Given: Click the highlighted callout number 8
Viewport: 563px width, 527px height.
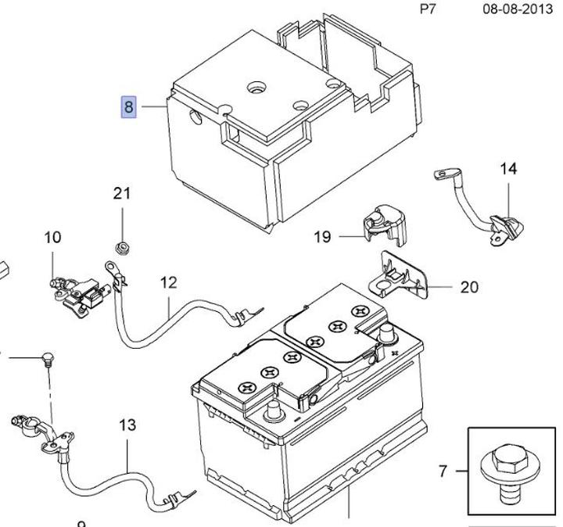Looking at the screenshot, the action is point(128,107).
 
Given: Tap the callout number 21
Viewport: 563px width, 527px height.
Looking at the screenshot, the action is point(122,193).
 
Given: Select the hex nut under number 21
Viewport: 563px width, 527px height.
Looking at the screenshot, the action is point(122,248).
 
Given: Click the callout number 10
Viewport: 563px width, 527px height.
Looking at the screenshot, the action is point(52,237).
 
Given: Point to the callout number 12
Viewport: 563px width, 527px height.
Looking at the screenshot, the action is point(168,283).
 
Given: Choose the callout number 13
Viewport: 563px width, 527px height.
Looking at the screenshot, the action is point(127,425).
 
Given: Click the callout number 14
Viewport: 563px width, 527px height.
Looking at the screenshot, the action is point(508,168).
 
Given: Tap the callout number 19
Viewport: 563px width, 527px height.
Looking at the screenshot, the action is point(322,237).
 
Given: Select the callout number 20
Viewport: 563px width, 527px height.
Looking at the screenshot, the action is point(469,287).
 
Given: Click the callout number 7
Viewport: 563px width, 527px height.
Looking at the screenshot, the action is point(443,471).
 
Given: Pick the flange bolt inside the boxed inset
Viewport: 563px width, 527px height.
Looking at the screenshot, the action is point(507,473).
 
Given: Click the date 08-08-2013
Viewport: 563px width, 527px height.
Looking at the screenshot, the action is point(518,9).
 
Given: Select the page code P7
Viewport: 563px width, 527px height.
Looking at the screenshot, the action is point(427,9).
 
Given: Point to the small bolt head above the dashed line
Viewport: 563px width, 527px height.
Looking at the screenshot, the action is point(47,359).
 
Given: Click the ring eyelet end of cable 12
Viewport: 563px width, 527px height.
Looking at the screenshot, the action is point(110,267).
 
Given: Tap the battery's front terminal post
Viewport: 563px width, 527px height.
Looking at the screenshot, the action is point(274,411).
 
